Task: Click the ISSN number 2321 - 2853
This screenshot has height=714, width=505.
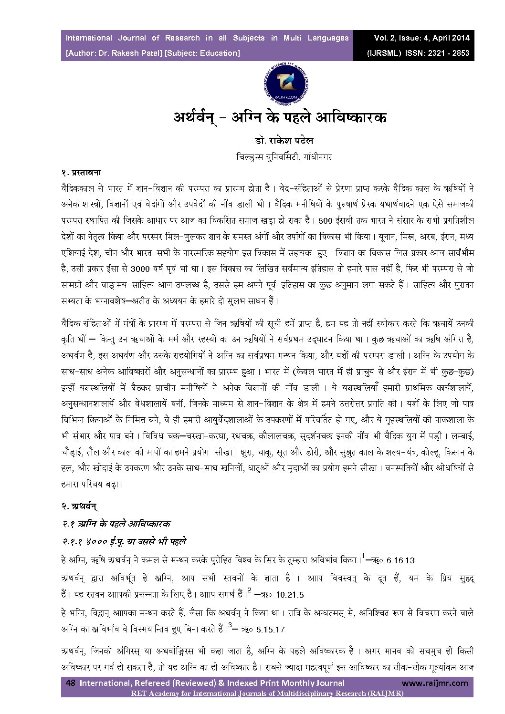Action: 447,53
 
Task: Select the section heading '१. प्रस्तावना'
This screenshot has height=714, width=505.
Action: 84,172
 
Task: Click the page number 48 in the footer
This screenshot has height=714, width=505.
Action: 71,683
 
